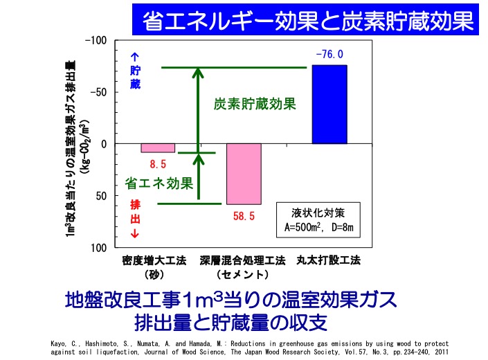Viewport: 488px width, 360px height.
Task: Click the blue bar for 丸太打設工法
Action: point(329,104)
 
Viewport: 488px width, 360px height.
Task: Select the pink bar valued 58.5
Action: point(244,174)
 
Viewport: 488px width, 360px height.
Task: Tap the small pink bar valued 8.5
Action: point(158,147)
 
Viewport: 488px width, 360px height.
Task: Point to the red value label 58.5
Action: point(244,216)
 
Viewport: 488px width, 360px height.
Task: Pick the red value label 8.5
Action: point(158,164)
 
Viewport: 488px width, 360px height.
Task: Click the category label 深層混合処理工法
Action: point(242,262)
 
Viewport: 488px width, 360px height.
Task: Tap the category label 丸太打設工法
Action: point(329,262)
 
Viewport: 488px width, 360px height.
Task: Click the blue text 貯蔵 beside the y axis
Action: point(135,78)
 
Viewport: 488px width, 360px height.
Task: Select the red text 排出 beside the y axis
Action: point(135,210)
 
